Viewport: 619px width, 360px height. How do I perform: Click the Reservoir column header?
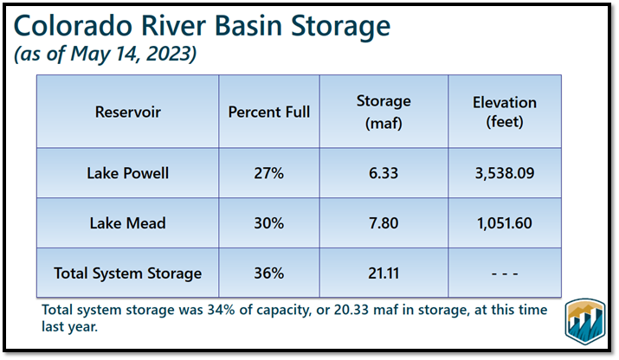click(x=128, y=112)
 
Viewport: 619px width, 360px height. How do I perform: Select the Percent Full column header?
click(x=268, y=112)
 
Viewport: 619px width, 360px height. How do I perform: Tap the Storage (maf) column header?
click(x=383, y=112)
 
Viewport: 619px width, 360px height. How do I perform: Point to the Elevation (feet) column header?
click(x=504, y=112)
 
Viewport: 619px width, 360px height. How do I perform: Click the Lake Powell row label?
click(x=128, y=173)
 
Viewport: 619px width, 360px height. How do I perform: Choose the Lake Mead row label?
click(x=128, y=223)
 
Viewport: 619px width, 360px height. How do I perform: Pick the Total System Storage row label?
click(x=128, y=273)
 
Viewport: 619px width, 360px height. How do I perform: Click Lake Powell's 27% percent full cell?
click(x=268, y=173)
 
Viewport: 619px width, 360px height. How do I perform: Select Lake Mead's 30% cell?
click(x=268, y=223)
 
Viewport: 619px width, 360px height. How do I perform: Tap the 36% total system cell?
click(x=268, y=273)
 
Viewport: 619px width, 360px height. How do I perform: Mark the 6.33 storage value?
click(x=383, y=173)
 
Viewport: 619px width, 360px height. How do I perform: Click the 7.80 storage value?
click(x=383, y=223)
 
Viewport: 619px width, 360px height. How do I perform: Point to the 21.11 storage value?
click(x=383, y=273)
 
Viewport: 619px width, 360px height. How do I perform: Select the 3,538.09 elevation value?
click(x=504, y=173)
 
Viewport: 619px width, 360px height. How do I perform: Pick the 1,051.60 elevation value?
click(x=504, y=223)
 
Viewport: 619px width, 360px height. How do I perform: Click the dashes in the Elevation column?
click(x=504, y=273)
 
